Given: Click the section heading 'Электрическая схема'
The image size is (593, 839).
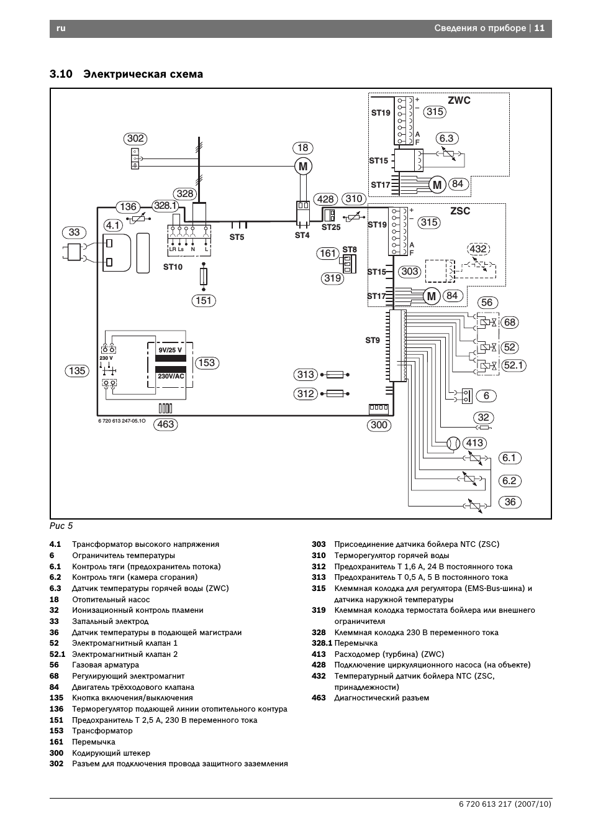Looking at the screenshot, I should (x=143, y=74).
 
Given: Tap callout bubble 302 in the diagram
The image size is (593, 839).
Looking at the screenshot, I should (x=135, y=139).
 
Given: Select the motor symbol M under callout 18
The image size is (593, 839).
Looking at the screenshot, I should (x=303, y=167).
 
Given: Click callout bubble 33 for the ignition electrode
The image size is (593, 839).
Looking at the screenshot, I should (x=74, y=232).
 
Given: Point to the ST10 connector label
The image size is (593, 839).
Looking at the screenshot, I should (x=173, y=267).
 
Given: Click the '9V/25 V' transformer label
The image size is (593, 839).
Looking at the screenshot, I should (x=170, y=350).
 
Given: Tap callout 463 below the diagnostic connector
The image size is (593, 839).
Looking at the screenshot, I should (x=166, y=424).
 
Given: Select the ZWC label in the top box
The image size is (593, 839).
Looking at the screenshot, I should (x=459, y=101).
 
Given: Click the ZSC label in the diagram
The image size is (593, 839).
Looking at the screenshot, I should (x=460, y=211).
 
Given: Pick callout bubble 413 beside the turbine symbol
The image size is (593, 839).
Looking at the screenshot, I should (x=474, y=443).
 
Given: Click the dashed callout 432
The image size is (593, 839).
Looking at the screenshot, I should (x=478, y=249).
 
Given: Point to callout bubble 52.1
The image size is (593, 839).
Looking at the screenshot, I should (x=513, y=365).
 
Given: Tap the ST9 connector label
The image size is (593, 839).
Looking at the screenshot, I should (x=372, y=340).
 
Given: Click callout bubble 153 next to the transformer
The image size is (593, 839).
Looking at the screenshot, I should (x=206, y=363).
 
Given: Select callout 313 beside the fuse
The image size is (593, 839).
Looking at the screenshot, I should (x=306, y=375).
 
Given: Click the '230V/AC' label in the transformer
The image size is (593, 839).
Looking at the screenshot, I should (x=171, y=376).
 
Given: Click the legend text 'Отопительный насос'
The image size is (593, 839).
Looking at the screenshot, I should (x=111, y=600).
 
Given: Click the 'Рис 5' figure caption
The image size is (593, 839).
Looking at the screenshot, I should (x=61, y=526).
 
